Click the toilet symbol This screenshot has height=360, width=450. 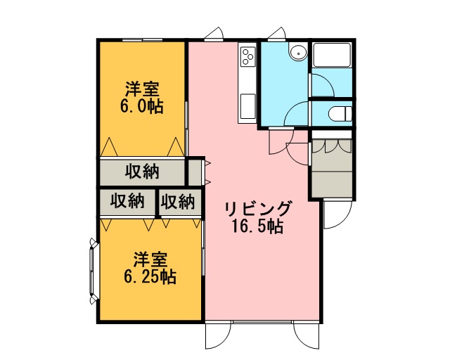point(340,114)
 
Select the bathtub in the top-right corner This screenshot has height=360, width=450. point(332,55)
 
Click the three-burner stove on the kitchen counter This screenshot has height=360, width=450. point(247,56)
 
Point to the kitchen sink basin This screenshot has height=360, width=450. point(247,106)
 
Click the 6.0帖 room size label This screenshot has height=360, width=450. point(142,107)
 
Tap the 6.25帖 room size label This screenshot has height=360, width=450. point(150,277)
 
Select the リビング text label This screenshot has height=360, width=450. point(258,209)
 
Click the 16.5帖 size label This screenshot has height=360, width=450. point(258,226)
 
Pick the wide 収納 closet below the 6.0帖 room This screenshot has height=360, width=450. point(142,172)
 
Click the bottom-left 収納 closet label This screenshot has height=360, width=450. point(127,201)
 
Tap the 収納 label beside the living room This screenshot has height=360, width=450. point(178,202)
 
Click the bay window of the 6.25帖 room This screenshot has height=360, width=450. point(94,271)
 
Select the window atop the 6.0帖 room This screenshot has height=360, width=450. point(142,40)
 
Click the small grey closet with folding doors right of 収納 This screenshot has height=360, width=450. point(195,172)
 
